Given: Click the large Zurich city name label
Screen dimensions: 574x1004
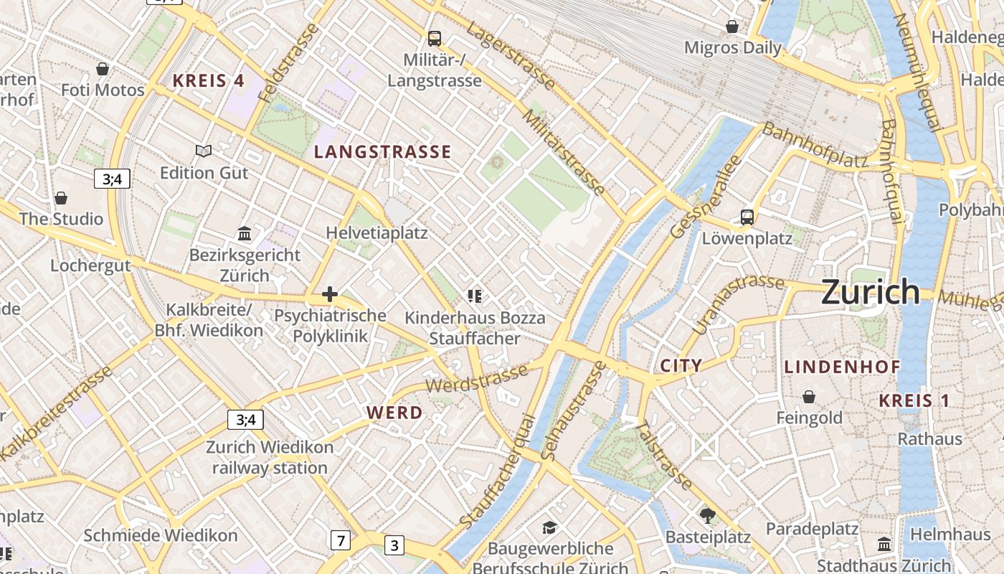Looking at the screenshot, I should click(870, 292).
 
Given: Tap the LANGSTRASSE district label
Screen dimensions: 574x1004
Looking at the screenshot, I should click(383, 152).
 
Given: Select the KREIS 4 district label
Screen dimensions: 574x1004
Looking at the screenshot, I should click(208, 81).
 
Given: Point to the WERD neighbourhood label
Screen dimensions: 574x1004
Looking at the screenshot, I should click(394, 413).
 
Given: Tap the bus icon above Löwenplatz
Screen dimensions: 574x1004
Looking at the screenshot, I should click(747, 217).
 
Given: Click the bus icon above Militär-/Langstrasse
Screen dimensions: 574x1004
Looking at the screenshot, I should click(434, 39).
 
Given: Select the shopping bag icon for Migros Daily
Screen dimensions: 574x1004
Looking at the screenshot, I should click(732, 27).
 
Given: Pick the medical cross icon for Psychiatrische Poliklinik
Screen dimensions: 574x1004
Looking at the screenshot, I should click(330, 294).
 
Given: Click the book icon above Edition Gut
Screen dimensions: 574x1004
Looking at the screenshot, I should click(204, 151).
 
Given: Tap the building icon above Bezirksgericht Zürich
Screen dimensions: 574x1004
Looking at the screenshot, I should click(245, 233).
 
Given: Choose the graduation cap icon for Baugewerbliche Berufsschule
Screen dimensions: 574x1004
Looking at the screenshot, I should click(549, 528).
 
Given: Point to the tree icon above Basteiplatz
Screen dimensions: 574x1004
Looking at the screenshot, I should click(708, 515).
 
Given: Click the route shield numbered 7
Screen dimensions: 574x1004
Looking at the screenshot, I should click(341, 540).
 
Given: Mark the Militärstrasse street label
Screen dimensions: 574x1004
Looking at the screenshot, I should click(564, 151).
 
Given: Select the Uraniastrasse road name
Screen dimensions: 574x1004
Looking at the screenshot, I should click(739, 304).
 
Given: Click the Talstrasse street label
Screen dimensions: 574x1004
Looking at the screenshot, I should click(664, 456).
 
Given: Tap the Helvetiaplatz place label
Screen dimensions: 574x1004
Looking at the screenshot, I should click(376, 233).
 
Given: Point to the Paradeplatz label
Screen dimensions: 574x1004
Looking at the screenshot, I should click(812, 530).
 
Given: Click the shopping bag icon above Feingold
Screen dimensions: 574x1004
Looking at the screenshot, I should click(809, 397).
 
